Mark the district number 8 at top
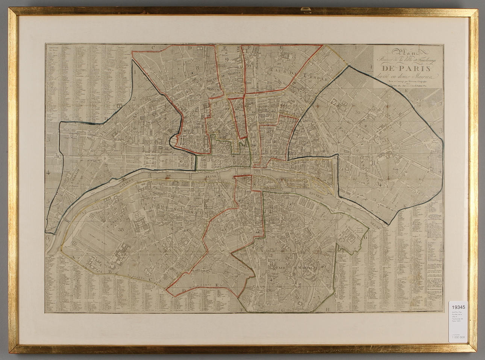coord(197,68)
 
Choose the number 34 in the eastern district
coord(380,185)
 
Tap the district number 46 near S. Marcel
coord(323,266)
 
